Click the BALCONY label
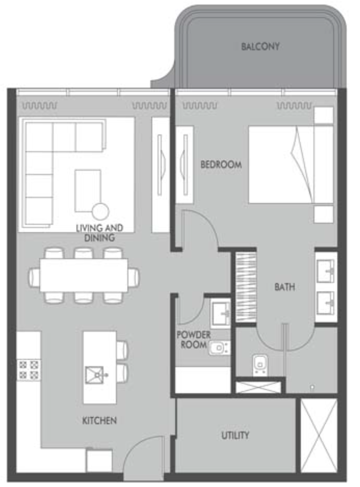[x=260, y=47]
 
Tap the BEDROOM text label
[x=221, y=165]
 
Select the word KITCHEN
[x=99, y=420]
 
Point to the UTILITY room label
[x=235, y=435]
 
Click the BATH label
[x=285, y=287]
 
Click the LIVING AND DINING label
[x=100, y=233]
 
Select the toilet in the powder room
[x=219, y=348]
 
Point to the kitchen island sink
[x=95, y=375]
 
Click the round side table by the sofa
[x=101, y=212]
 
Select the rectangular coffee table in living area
[x=88, y=191]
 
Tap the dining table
[x=84, y=275]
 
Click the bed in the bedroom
[x=291, y=165]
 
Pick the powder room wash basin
[x=221, y=313]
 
